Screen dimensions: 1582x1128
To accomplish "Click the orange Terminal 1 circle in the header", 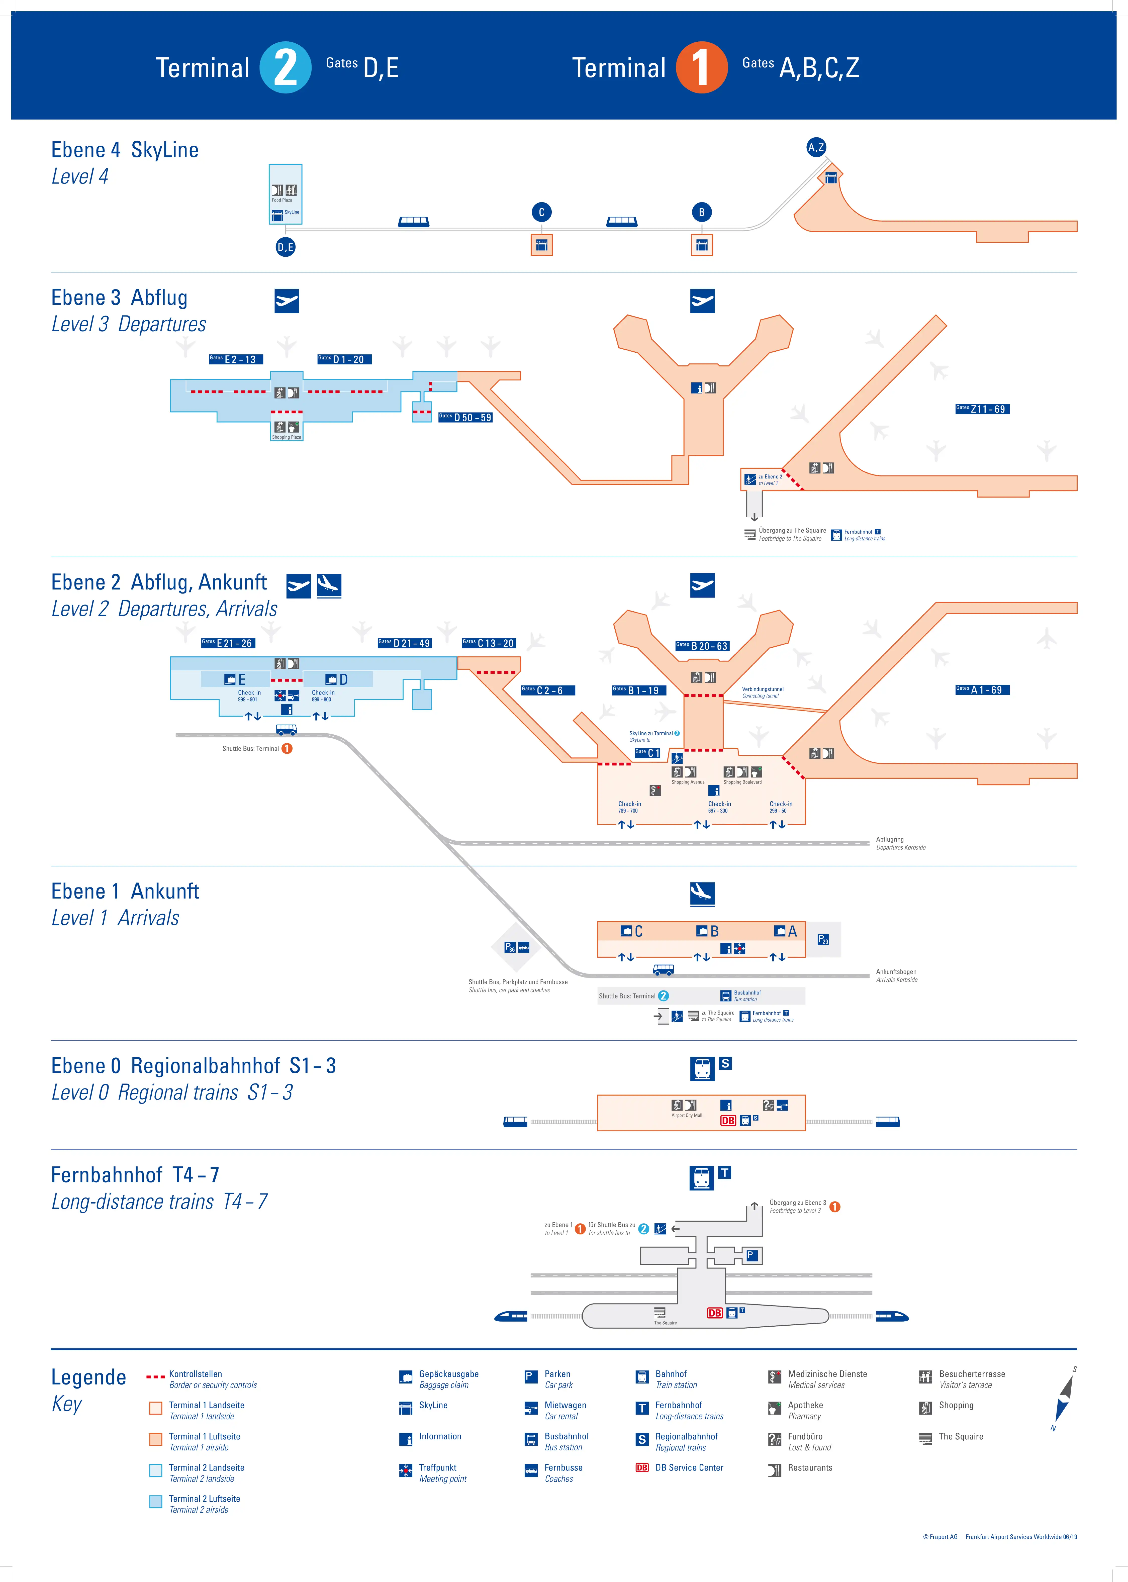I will coord(702,67).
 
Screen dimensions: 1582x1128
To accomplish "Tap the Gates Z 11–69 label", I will coord(982,409).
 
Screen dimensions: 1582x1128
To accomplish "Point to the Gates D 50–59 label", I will coord(465,417).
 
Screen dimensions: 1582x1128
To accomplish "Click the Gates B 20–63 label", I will coord(702,646).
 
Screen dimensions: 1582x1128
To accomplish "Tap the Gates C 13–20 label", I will coord(489,643).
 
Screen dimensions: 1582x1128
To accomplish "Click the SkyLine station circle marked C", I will coord(542,213).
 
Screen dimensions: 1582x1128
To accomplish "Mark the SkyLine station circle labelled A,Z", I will coord(816,147).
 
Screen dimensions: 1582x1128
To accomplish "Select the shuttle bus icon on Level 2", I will coord(286,730).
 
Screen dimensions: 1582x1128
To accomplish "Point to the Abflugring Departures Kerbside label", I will coord(900,843).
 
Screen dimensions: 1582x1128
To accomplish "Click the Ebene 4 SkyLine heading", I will coord(125,150).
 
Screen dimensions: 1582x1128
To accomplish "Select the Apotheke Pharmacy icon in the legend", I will coord(775,1408).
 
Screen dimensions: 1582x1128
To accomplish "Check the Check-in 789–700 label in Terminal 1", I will coord(629,807).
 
